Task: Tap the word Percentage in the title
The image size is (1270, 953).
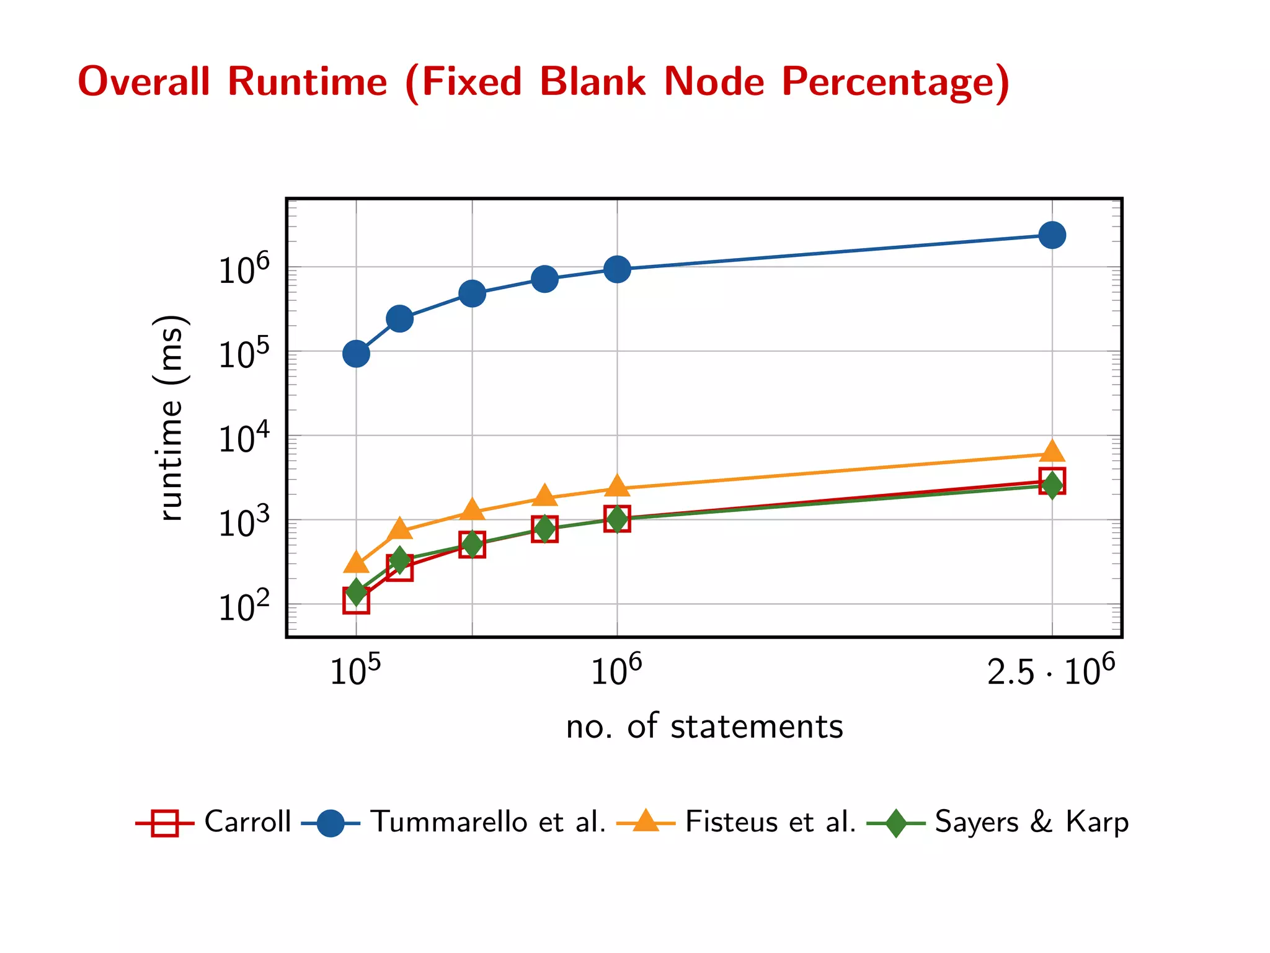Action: click(x=895, y=83)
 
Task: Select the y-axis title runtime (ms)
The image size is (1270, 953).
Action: click(x=169, y=418)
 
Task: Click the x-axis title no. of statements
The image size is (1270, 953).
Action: click(x=704, y=726)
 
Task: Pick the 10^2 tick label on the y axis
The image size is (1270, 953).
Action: click(x=244, y=606)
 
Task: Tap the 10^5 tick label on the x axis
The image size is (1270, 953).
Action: click(x=355, y=670)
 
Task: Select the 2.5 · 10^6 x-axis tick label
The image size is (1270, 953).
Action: click(x=1050, y=670)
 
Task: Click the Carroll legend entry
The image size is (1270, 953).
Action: click(x=247, y=821)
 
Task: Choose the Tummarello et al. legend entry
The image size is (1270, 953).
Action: click(x=487, y=821)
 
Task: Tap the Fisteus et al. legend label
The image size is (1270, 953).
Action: click(x=770, y=821)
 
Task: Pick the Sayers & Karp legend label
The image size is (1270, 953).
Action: click(x=1031, y=821)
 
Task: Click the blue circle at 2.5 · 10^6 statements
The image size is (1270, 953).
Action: click(x=1052, y=235)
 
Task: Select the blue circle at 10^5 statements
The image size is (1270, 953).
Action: click(x=356, y=354)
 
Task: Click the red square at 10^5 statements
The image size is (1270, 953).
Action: click(x=356, y=601)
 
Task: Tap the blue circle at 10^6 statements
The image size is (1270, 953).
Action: click(x=617, y=269)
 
